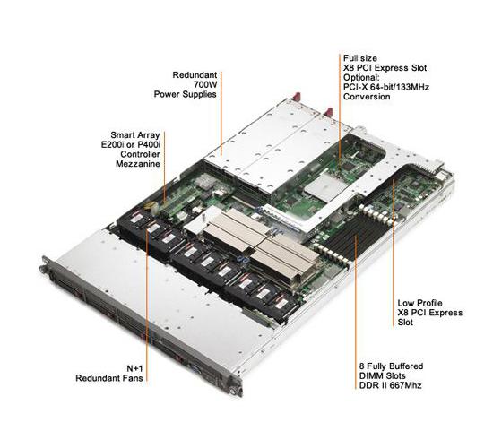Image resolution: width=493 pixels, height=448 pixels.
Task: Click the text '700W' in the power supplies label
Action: coord(205,84)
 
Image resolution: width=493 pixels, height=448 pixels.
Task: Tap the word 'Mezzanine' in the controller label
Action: coord(138,164)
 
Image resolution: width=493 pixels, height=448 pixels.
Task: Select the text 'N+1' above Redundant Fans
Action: coord(134,368)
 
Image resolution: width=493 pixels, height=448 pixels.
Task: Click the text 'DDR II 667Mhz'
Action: coord(390,385)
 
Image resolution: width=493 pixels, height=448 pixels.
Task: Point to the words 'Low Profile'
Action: coord(419,303)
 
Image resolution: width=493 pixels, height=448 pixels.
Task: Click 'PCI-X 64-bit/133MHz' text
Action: coord(386,87)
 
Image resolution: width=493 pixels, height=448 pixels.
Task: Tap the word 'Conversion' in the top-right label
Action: coord(367,97)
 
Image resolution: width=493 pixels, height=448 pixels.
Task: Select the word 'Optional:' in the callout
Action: coord(361,77)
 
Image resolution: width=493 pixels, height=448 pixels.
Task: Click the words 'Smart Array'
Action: coord(135,135)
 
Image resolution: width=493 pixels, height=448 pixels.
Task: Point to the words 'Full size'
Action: coord(360,58)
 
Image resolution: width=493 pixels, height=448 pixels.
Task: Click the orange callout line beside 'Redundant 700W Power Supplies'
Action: coord(221,114)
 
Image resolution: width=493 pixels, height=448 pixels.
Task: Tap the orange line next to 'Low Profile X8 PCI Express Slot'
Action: coord(393,254)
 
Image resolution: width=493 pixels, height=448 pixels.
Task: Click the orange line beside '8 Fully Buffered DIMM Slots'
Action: coord(356,312)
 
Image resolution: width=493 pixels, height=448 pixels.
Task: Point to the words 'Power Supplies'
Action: coord(186,94)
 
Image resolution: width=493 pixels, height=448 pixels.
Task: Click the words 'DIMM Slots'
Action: coord(383,375)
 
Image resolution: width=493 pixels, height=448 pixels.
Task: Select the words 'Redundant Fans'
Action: coord(109,378)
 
